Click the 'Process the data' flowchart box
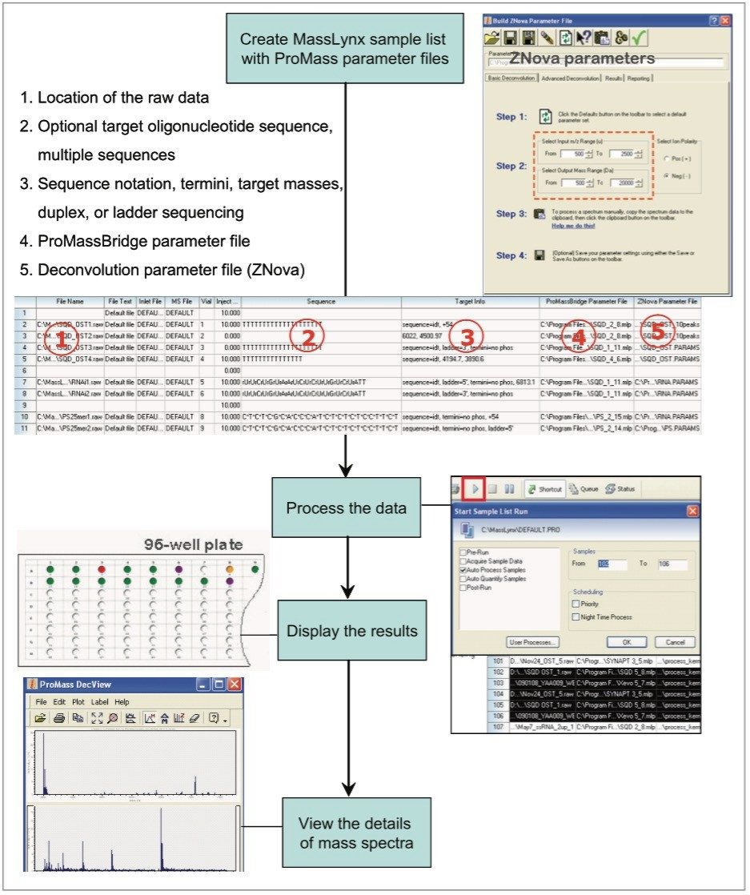(x=347, y=508)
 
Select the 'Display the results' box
(x=351, y=631)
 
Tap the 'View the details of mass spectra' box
(x=355, y=832)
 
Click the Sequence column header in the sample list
(x=320, y=302)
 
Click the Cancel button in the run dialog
(x=675, y=642)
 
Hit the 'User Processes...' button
(x=534, y=642)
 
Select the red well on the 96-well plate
(x=101, y=570)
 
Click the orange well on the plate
(x=229, y=570)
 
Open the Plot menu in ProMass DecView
(x=78, y=702)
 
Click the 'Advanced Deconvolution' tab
(x=567, y=78)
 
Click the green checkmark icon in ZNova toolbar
(x=639, y=38)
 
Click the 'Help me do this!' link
(x=575, y=227)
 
